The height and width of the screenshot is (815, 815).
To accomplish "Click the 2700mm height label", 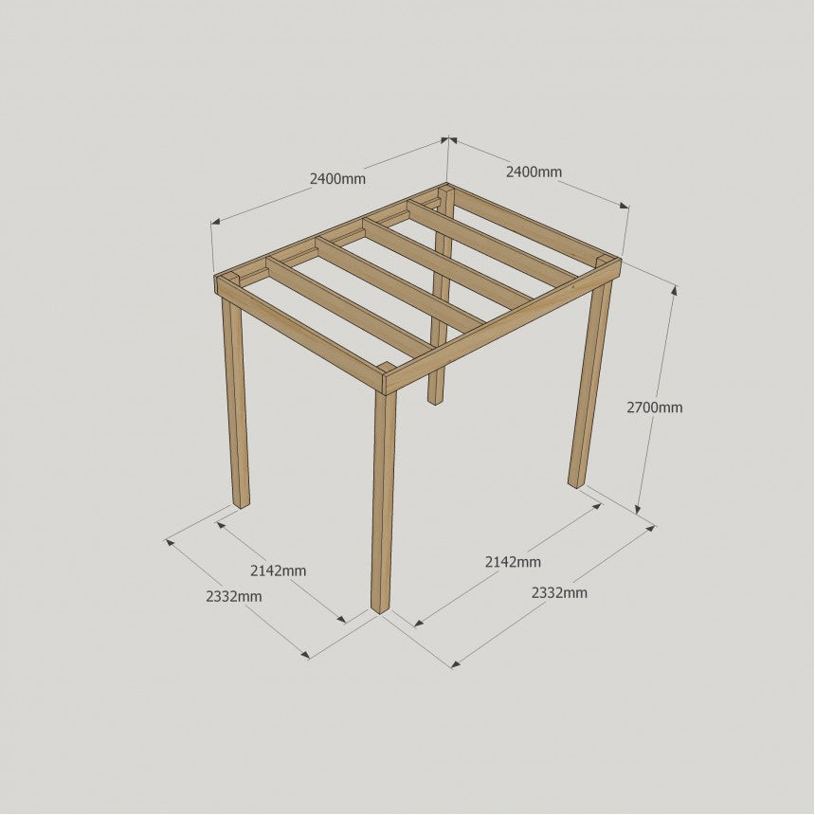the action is pyautogui.click(x=655, y=407).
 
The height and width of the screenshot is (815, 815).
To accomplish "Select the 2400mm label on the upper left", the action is pyautogui.click(x=338, y=179).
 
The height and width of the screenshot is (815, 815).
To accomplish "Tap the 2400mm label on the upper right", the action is pyautogui.click(x=534, y=172).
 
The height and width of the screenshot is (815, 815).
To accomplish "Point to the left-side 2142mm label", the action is pyautogui.click(x=278, y=570).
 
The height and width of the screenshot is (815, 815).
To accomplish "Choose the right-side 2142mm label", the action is pyautogui.click(x=513, y=562).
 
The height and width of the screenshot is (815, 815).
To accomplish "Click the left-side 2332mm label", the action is pyautogui.click(x=234, y=596).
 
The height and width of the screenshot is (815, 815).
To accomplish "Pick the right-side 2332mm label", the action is pyautogui.click(x=559, y=592).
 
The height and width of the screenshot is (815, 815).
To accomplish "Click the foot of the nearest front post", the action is pyautogui.click(x=380, y=608).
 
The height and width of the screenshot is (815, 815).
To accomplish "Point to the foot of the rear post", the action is pyautogui.click(x=436, y=399).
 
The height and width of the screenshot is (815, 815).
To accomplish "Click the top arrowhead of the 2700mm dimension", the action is pyautogui.click(x=674, y=289).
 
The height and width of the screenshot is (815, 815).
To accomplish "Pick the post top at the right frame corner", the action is pyautogui.click(x=605, y=260).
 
